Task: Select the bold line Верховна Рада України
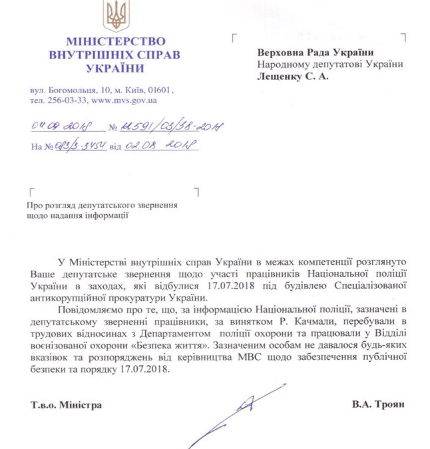pos(315,53)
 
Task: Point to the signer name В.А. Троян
pos(379,404)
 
